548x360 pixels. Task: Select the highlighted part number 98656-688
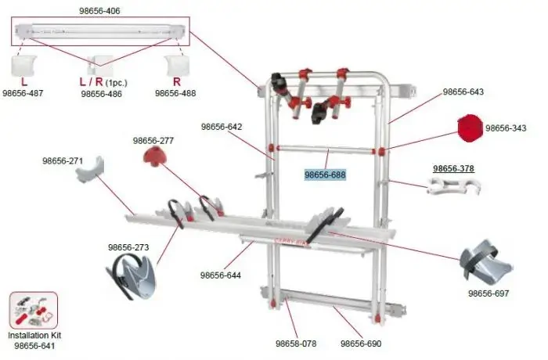pyautogui.click(x=325, y=175)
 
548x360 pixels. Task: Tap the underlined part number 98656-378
pyautogui.click(x=453, y=168)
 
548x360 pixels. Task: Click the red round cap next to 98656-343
pyautogui.click(x=469, y=127)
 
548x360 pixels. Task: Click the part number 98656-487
pyautogui.click(x=23, y=93)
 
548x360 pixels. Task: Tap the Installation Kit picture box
pyautogui.click(x=33, y=311)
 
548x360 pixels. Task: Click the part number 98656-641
pyautogui.click(x=33, y=345)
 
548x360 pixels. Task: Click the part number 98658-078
pyautogui.click(x=295, y=344)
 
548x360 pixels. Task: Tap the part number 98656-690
pyautogui.click(x=361, y=344)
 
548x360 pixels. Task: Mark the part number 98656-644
pyautogui.click(x=221, y=275)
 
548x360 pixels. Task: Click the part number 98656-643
pyautogui.click(x=463, y=92)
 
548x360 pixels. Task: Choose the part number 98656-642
pyautogui.click(x=222, y=126)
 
